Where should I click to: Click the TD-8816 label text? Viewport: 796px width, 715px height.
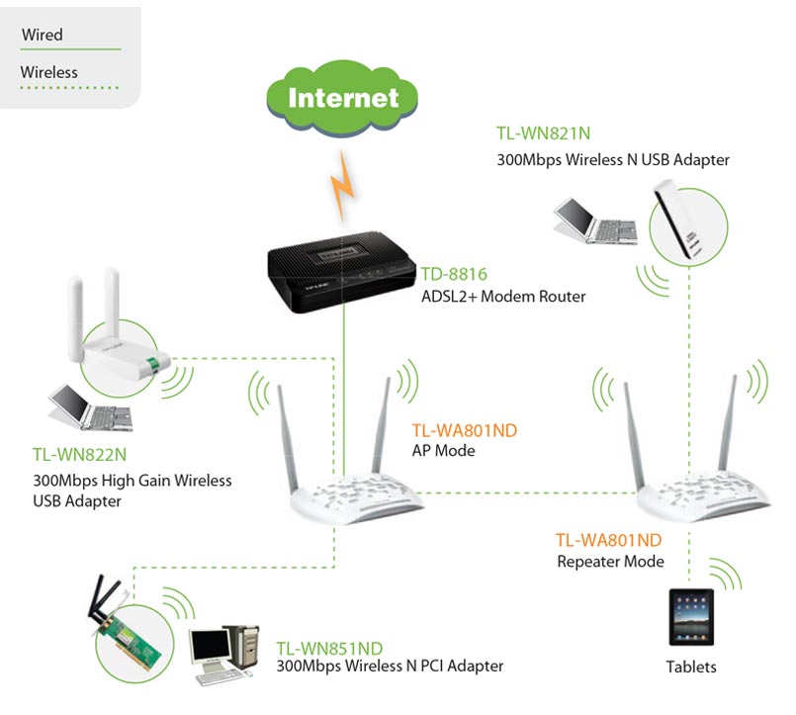pyautogui.click(x=455, y=274)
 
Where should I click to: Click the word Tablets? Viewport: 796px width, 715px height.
pyautogui.click(x=690, y=667)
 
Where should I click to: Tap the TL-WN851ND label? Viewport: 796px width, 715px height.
pyautogui.click(x=329, y=648)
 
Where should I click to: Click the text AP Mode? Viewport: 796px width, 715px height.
pyautogui.click(x=443, y=451)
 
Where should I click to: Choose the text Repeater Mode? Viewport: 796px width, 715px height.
pyautogui.click(x=610, y=562)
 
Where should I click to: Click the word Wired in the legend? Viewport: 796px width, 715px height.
pyautogui.click(x=42, y=35)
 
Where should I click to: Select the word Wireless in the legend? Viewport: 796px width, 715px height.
pyautogui.click(x=48, y=72)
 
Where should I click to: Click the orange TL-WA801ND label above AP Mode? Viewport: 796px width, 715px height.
pyautogui.click(x=464, y=430)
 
